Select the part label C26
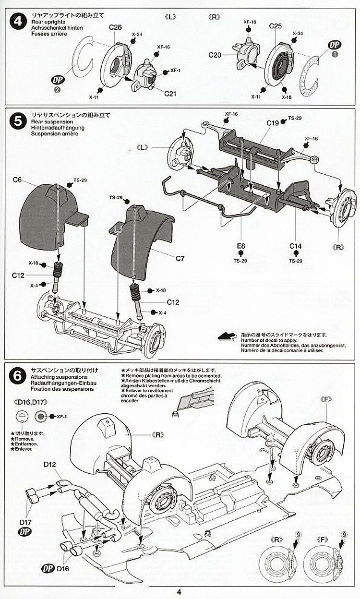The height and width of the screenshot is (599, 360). [115, 27]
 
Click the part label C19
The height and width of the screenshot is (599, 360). [273, 123]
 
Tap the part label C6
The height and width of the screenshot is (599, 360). [18, 180]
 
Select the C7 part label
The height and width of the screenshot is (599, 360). [180, 259]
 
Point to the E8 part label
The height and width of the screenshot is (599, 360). [240, 247]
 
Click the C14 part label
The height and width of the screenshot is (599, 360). [295, 247]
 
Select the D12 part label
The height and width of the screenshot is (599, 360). [50, 464]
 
